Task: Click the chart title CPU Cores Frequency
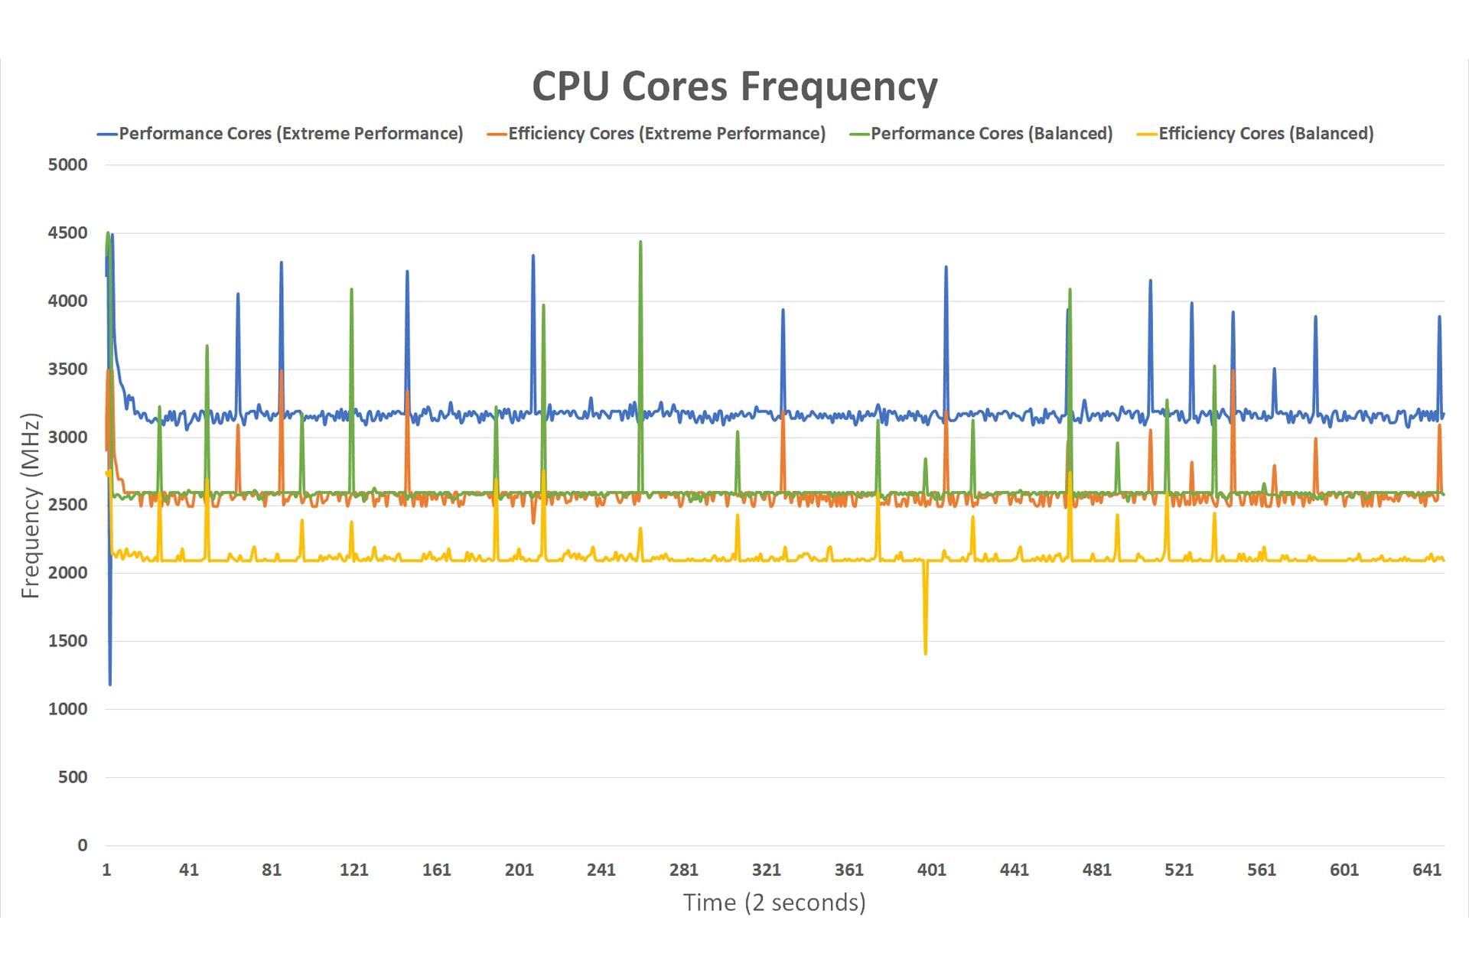click(x=734, y=86)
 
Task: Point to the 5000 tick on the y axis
click(x=67, y=164)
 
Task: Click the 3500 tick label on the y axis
click(x=67, y=369)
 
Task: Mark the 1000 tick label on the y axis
click(x=67, y=709)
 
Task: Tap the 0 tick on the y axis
click(x=83, y=845)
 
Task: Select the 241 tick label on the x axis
click(x=601, y=870)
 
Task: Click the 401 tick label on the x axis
click(x=932, y=870)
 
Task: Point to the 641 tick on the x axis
click(x=1427, y=870)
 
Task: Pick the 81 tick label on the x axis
click(x=272, y=870)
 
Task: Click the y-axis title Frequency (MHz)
click(x=31, y=506)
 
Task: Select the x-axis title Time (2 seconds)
click(x=774, y=903)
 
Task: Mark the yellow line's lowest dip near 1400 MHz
click(x=926, y=654)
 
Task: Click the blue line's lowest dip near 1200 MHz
click(x=110, y=684)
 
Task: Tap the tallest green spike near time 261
click(x=640, y=242)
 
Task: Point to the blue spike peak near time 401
click(x=946, y=267)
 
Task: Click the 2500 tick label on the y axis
click(x=67, y=505)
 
